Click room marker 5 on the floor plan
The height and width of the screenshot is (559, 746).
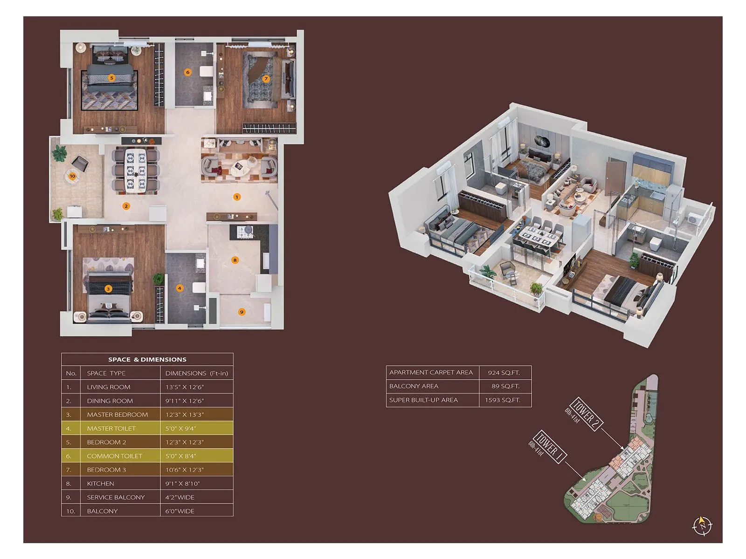(x=111, y=78)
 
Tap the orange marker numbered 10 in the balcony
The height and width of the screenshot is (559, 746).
(x=72, y=176)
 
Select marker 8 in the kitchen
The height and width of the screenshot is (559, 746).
(x=235, y=260)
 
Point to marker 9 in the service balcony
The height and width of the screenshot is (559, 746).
(x=242, y=312)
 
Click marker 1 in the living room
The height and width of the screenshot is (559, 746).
(x=237, y=197)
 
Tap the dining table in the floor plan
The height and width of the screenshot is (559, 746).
(x=136, y=170)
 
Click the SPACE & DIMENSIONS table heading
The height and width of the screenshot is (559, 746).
(x=147, y=360)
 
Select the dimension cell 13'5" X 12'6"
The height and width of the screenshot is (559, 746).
(x=185, y=387)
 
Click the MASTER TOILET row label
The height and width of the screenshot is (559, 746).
(x=111, y=429)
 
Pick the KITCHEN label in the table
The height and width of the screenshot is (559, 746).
(x=101, y=484)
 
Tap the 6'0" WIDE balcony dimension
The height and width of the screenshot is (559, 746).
(x=180, y=511)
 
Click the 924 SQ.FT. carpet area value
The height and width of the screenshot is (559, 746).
(x=504, y=373)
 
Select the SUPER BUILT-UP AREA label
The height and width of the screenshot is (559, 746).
(x=423, y=400)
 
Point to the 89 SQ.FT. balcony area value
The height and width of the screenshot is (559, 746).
(x=505, y=386)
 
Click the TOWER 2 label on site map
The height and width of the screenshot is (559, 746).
(x=586, y=414)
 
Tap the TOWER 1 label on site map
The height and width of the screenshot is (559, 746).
(x=550, y=446)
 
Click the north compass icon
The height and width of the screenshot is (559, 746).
(x=702, y=525)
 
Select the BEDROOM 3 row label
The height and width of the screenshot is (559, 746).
(x=106, y=470)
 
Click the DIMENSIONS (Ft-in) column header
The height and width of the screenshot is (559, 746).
(x=196, y=373)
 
